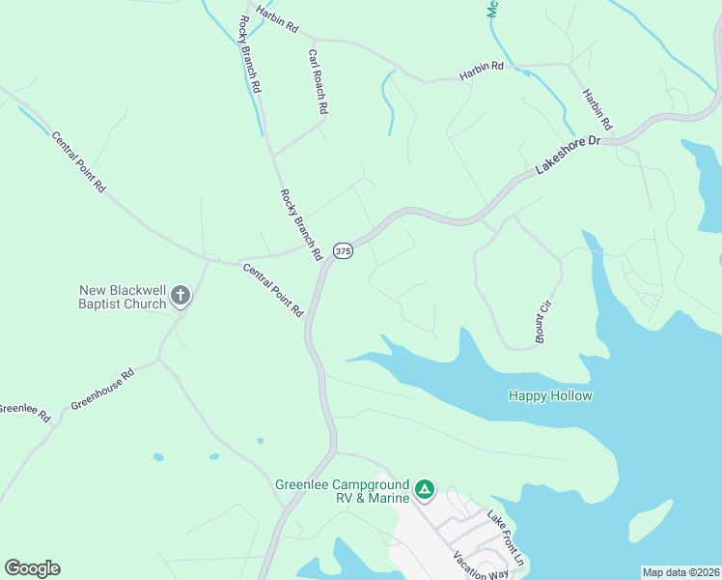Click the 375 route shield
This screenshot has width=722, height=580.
(x=344, y=251)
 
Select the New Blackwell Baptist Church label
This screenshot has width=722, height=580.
(x=123, y=296)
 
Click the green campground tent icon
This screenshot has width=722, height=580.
(x=425, y=491)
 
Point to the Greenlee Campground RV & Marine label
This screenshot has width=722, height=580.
(x=342, y=491)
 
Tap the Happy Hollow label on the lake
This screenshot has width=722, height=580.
(x=550, y=395)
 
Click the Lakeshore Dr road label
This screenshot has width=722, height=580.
(x=568, y=155)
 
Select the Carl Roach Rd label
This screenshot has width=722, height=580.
(x=319, y=82)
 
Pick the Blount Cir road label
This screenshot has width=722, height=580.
(x=544, y=322)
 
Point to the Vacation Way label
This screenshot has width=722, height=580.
(x=481, y=565)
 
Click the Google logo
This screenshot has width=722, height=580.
(x=32, y=568)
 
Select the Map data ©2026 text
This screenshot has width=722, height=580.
(x=680, y=572)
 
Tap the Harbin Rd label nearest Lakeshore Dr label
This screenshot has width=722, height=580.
(x=597, y=110)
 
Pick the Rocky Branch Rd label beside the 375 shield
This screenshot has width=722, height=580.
(x=300, y=224)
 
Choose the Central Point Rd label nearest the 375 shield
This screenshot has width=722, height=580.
(x=273, y=290)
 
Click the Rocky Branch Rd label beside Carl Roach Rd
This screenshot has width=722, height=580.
(x=250, y=54)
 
